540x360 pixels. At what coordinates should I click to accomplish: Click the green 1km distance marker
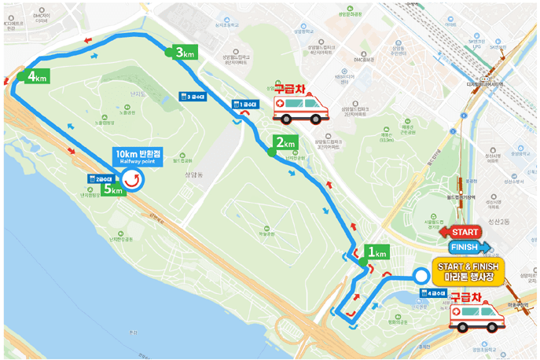(x=376, y=253)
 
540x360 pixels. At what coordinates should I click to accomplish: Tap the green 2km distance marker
(x=284, y=144)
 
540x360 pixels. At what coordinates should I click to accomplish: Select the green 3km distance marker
(x=184, y=53)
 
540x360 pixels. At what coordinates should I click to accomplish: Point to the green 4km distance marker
(x=36, y=76)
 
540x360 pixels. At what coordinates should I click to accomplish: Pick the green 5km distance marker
(x=112, y=190)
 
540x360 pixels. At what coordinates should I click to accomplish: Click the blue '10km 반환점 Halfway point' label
(x=137, y=156)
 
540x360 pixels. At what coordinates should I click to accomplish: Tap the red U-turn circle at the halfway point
(x=133, y=179)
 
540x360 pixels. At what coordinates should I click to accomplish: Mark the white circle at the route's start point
(x=421, y=276)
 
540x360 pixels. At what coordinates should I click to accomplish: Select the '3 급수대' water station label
(x=193, y=97)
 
